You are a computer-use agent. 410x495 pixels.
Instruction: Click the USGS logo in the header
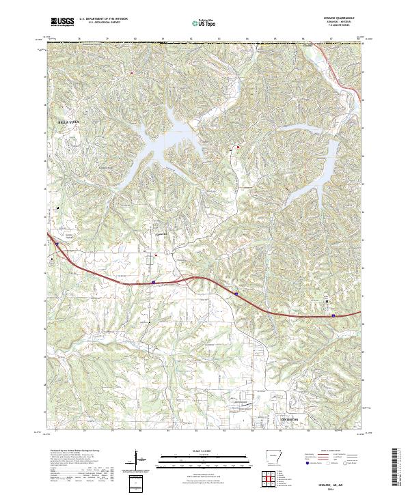[x=62, y=22]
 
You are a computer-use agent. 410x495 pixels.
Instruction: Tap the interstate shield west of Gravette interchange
[x=154, y=281]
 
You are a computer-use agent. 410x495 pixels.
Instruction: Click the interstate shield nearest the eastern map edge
[x=333, y=315]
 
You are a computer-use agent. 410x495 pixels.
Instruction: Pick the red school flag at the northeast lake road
[x=238, y=146]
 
